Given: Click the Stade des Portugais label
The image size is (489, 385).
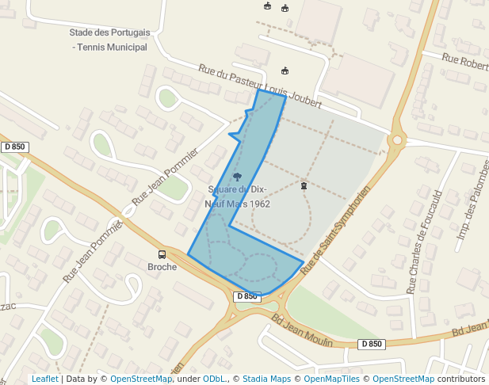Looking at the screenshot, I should (x=109, y=32).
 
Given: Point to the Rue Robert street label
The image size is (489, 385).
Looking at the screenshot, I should (x=465, y=62).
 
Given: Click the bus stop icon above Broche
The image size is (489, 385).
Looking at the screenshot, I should (x=162, y=254).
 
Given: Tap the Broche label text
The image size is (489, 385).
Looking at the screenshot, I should (x=162, y=267).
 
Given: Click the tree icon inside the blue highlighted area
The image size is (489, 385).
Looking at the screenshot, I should (x=238, y=177).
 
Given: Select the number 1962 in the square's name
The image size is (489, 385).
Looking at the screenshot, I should (x=258, y=204).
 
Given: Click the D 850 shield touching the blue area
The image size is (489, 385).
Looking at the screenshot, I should (x=246, y=296).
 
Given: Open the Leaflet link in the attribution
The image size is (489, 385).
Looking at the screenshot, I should (x=44, y=379).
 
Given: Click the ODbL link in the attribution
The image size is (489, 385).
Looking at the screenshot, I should (x=215, y=379).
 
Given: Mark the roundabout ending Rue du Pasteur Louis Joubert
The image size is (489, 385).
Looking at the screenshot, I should (x=395, y=141).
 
